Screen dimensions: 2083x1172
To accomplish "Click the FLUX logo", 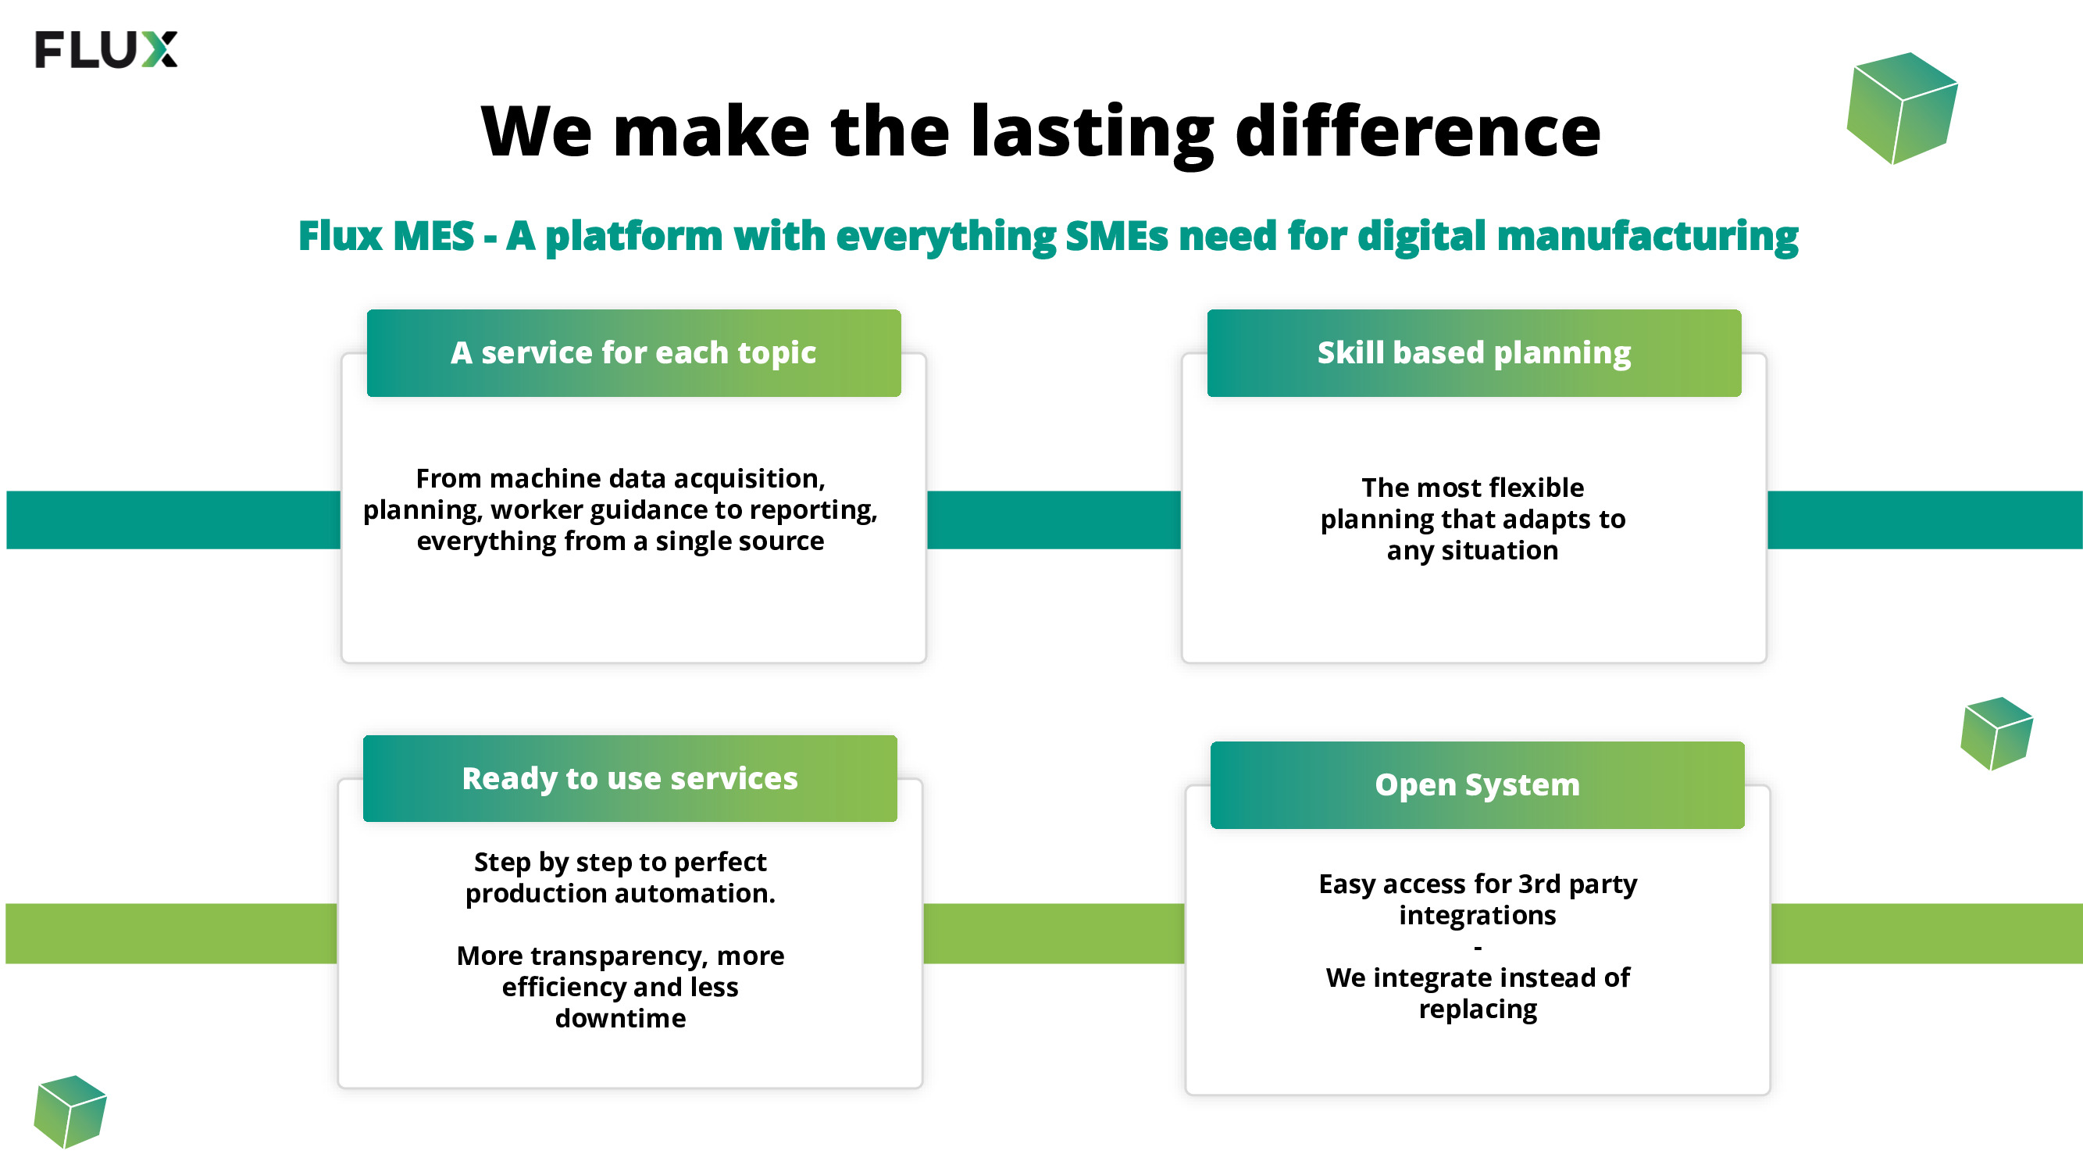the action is (x=106, y=49).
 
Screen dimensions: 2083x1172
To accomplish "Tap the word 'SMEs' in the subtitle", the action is (x=1117, y=235).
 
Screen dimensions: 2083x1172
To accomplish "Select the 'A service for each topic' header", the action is (x=634, y=352).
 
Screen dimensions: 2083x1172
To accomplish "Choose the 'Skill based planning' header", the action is (x=1474, y=352).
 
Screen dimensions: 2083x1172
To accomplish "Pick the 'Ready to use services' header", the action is (x=630, y=778).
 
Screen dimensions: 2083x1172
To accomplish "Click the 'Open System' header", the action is (x=1478, y=784).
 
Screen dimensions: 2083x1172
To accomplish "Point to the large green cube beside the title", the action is (x=1902, y=109).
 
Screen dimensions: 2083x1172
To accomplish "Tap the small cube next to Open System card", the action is (x=1996, y=733).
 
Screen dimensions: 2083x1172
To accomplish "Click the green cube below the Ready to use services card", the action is (x=70, y=1111).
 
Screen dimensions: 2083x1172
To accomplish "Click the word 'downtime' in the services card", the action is (x=620, y=1018).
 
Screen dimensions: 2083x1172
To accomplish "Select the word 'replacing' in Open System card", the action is (x=1478, y=1009).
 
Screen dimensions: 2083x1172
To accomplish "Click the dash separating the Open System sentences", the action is (x=1478, y=947).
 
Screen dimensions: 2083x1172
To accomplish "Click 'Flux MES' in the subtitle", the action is (x=387, y=235).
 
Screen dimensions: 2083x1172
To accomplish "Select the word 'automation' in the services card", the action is (x=694, y=894).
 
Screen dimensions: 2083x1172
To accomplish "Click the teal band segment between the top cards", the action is (x=1054, y=520).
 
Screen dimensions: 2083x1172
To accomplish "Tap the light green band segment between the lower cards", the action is (x=1054, y=934).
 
